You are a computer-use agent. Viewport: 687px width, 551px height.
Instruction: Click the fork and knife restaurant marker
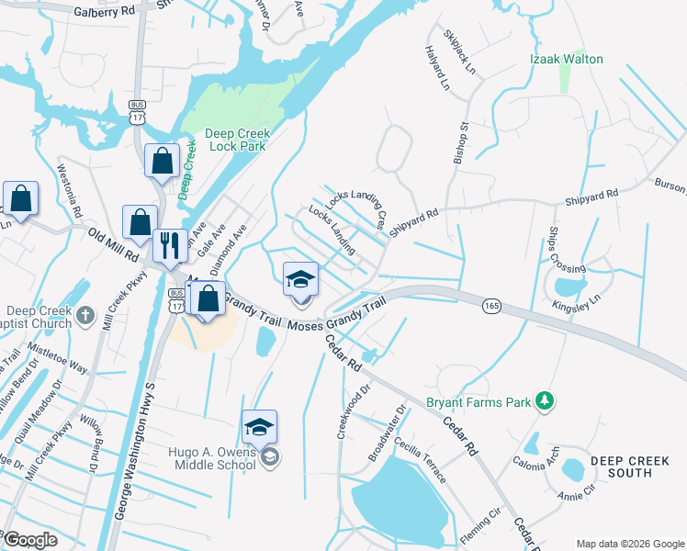(x=169, y=244)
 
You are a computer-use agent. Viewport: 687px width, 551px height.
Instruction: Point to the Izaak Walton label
(x=567, y=59)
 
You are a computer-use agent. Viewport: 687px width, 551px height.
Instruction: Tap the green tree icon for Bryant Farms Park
(x=546, y=401)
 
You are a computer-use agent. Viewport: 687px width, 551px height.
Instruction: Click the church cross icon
(x=84, y=316)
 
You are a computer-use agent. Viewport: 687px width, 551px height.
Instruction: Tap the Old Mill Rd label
(x=112, y=245)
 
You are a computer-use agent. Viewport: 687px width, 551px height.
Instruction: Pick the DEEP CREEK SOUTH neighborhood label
(x=633, y=467)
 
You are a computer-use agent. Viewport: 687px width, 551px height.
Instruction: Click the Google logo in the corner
(x=31, y=540)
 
